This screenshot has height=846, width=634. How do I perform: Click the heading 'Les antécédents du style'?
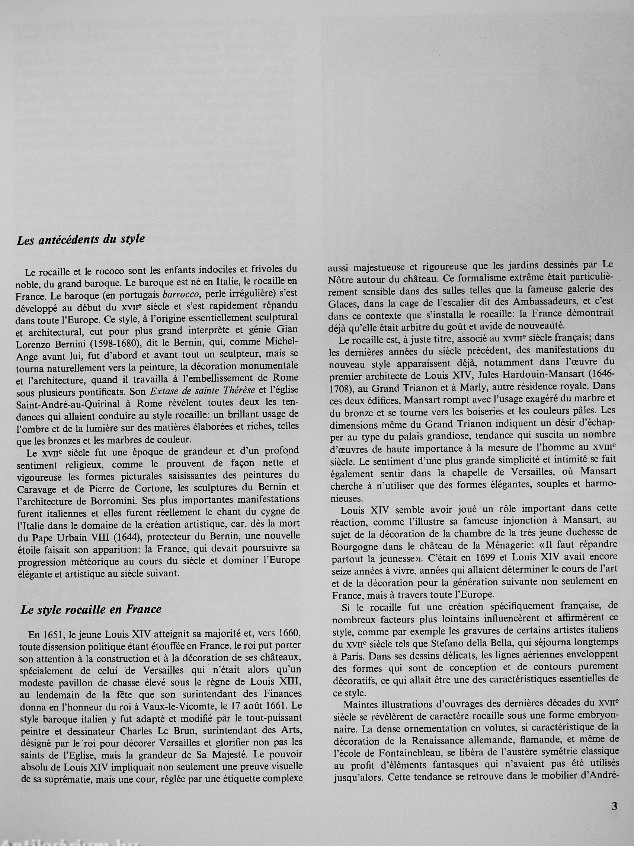[x=81, y=240]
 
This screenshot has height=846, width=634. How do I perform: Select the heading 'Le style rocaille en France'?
[x=91, y=609]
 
